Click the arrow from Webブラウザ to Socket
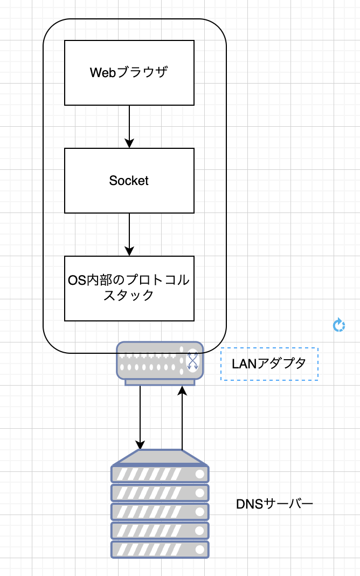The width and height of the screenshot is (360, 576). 129,124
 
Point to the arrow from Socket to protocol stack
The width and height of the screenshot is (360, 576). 129,232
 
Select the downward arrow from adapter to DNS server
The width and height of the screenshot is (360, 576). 140,415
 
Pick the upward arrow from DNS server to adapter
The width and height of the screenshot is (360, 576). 182,421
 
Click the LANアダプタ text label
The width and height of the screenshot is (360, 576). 269,364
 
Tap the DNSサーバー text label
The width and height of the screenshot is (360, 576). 275,504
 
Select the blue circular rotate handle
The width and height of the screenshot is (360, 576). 338,325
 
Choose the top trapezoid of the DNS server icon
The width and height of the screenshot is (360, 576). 160,457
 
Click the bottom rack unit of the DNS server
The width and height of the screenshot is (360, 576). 160,549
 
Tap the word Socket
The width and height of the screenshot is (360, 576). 129,181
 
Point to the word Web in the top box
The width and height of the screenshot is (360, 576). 102,72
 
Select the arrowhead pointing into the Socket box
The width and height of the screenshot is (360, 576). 129,143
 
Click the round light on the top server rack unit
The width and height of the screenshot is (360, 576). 200,474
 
